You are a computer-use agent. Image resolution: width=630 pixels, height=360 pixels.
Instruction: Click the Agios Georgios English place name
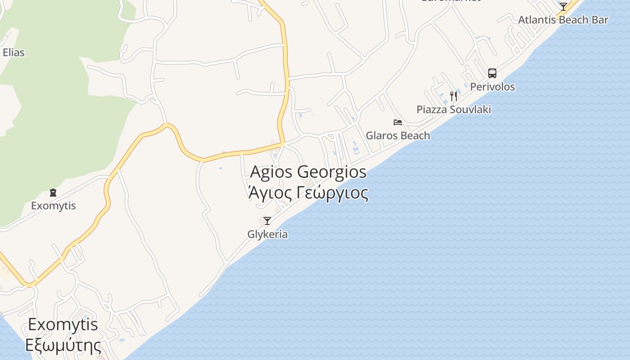(x=308, y=172)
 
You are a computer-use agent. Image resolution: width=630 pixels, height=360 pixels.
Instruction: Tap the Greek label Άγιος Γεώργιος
(x=308, y=193)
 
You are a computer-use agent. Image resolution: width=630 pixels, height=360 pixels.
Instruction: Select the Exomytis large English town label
(x=63, y=324)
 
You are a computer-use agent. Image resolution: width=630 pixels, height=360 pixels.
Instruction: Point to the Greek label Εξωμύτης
(x=63, y=346)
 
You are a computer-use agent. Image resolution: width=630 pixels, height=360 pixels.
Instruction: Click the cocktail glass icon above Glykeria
(x=267, y=220)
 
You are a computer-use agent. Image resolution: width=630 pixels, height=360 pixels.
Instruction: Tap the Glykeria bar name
(x=267, y=234)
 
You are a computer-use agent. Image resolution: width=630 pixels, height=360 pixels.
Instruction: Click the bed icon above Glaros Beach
(x=398, y=122)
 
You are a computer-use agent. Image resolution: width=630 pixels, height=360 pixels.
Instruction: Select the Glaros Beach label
(x=398, y=135)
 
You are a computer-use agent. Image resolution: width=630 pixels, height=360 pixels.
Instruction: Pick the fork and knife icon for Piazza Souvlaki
(x=454, y=96)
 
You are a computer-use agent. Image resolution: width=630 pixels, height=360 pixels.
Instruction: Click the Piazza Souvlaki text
(x=454, y=109)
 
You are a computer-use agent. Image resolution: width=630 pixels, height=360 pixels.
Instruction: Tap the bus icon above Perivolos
(x=492, y=73)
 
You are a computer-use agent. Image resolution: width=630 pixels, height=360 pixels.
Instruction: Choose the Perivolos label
(x=492, y=86)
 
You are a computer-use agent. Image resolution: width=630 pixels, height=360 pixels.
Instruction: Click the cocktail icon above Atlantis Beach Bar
(x=563, y=6)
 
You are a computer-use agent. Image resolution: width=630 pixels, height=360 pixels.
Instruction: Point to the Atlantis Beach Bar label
(x=563, y=20)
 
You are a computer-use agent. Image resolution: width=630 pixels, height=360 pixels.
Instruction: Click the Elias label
(x=13, y=52)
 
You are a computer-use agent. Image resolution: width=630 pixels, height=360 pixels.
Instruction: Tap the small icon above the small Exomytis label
(x=53, y=193)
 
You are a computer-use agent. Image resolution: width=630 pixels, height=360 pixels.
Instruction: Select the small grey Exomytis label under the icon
(x=53, y=206)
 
